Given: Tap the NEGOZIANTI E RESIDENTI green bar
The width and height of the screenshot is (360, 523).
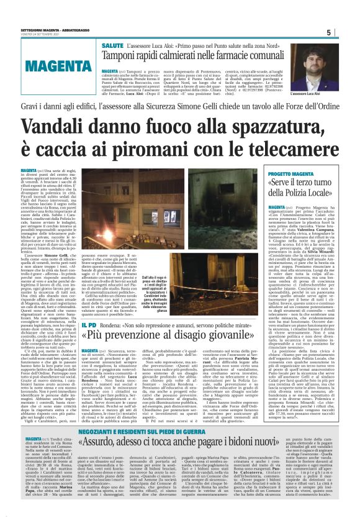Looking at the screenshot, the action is click(x=179, y=433).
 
